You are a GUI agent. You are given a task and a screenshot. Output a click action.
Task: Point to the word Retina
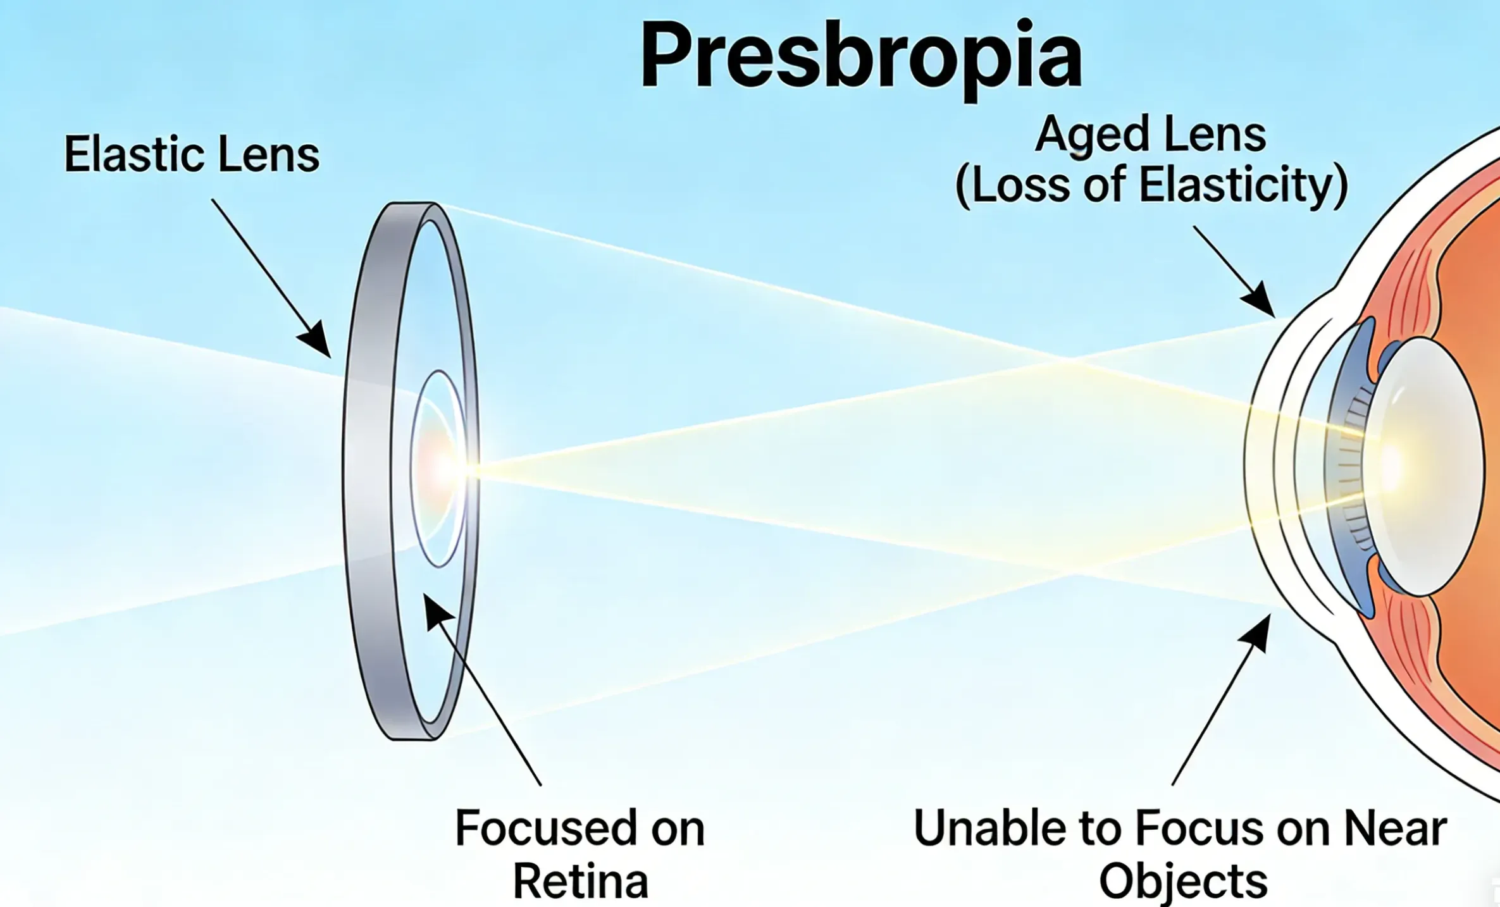[580, 880]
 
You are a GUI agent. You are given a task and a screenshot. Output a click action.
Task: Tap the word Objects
[1183, 880]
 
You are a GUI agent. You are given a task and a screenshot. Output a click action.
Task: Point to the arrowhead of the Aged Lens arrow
[1261, 302]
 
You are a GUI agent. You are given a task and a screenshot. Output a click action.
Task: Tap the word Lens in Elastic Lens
[268, 154]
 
